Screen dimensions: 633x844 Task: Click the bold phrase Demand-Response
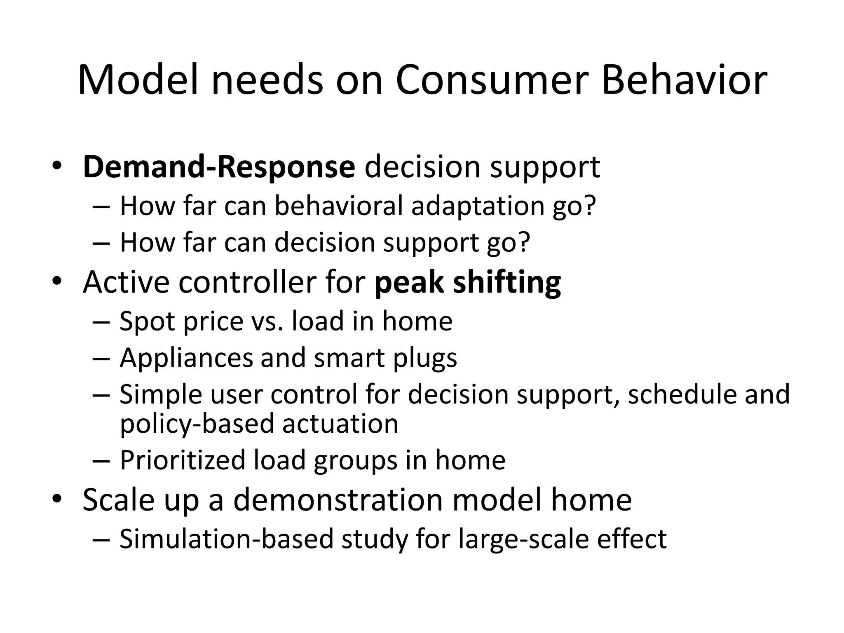218,167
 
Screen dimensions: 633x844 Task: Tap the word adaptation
478,205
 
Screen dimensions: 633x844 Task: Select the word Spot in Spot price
147,321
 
